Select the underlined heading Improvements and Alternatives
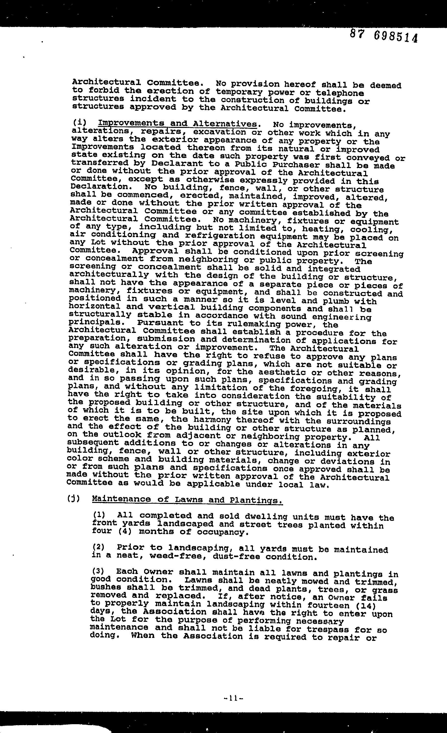coord(177,123)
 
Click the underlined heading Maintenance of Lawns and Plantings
coord(187,500)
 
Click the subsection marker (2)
coord(99,547)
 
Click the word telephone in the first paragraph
coord(340,93)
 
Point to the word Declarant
coord(177,164)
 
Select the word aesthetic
coord(286,372)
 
